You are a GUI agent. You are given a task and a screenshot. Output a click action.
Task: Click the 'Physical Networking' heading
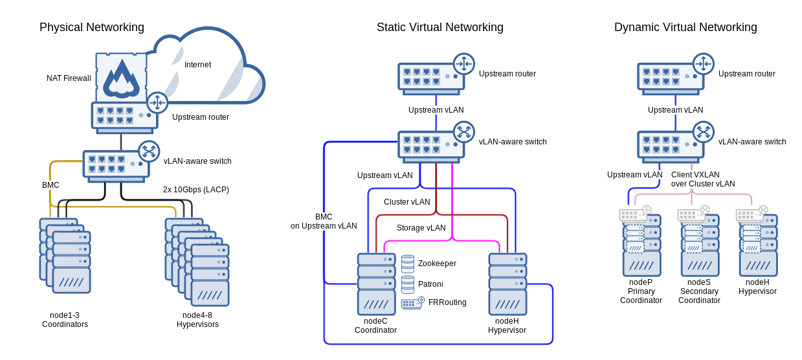91,27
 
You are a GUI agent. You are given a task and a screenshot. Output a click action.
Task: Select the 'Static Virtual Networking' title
440,27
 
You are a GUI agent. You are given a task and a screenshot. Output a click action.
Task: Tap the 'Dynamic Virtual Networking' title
685,27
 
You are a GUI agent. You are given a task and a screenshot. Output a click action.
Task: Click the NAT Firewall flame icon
121,78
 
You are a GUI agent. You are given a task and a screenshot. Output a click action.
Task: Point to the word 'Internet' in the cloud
197,65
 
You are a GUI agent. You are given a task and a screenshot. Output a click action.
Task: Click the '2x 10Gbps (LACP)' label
195,190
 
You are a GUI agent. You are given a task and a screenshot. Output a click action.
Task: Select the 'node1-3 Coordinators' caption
65,320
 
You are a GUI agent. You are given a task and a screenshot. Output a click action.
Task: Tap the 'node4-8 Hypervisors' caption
197,320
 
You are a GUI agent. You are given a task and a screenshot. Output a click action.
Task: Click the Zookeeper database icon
408,264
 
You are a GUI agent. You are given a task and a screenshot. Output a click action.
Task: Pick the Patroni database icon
408,284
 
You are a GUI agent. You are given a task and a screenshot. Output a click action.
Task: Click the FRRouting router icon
412,302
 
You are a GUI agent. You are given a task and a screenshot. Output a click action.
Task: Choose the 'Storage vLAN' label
421,228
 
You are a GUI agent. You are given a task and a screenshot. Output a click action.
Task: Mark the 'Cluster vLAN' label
407,202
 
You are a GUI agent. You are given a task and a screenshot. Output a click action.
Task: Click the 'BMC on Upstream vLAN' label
323,221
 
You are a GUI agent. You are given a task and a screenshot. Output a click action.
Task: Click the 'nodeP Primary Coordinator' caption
641,291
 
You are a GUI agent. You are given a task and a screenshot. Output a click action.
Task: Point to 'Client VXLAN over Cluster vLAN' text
703,179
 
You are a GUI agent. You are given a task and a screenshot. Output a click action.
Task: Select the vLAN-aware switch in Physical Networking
116,163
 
